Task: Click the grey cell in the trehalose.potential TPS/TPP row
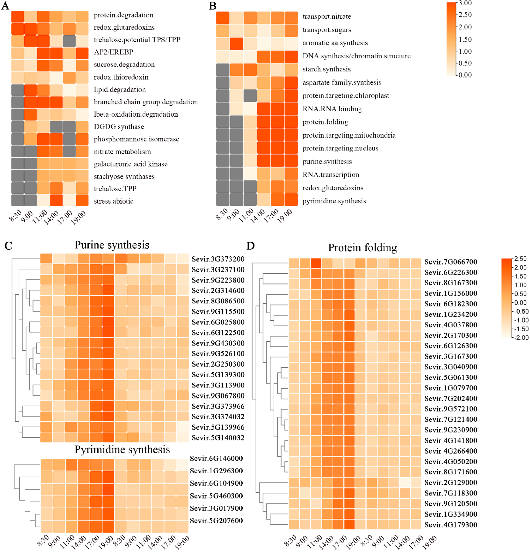coord(69,41)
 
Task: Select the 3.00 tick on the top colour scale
coord(465,3)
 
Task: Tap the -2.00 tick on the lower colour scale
coord(522,338)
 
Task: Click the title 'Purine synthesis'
coord(112,245)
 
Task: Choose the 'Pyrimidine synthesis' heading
coord(122,449)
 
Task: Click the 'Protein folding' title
coord(362,247)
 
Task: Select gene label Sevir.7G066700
coord(450,262)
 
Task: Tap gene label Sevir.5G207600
coord(216,520)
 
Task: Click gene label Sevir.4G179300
coord(450,525)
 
